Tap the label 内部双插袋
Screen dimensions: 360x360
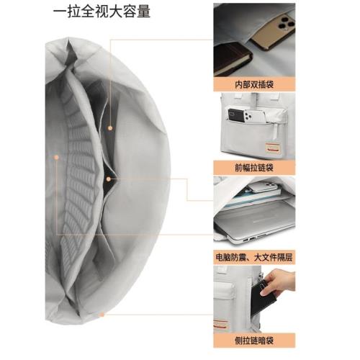coord(253,83)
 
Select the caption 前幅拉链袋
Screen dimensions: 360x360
coord(253,167)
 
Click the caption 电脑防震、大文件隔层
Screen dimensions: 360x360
coord(253,256)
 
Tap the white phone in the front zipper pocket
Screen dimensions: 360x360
coord(249,115)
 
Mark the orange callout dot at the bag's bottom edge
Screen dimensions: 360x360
coord(102,314)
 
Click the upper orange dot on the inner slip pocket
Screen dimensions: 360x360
coord(109,128)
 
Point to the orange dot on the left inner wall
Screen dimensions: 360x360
coord(55,156)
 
